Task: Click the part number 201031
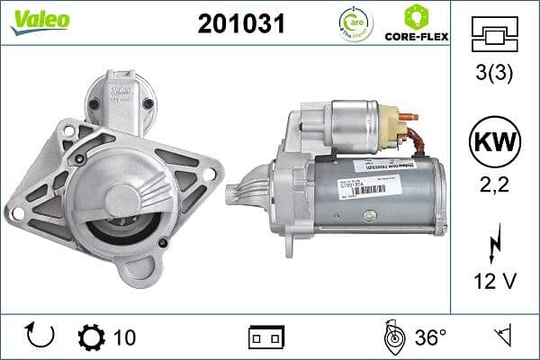[240, 24]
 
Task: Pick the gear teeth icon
[92, 337]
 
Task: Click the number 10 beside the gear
[125, 337]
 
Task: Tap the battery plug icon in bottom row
[265, 337]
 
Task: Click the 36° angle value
[430, 337]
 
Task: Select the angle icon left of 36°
[391, 337]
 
